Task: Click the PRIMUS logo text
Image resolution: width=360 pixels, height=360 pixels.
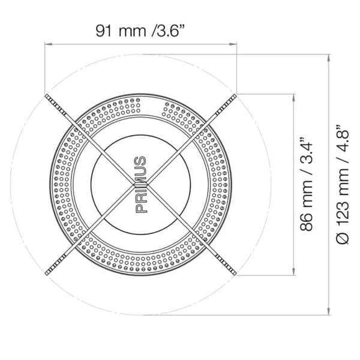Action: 141,185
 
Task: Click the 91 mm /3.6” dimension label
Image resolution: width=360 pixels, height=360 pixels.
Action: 140,31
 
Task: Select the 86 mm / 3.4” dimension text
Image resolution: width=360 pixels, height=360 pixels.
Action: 307,184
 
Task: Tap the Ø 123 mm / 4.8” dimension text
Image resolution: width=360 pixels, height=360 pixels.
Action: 343,184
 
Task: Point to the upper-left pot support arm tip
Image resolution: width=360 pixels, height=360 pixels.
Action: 47,96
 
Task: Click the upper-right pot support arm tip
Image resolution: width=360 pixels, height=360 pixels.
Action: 235,96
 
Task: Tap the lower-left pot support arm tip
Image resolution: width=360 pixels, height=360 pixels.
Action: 47,273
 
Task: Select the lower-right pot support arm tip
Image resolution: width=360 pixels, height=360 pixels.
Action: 235,273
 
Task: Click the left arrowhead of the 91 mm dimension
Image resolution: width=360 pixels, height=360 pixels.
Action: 48,44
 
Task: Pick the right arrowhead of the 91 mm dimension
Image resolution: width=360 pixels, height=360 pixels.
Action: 233,44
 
